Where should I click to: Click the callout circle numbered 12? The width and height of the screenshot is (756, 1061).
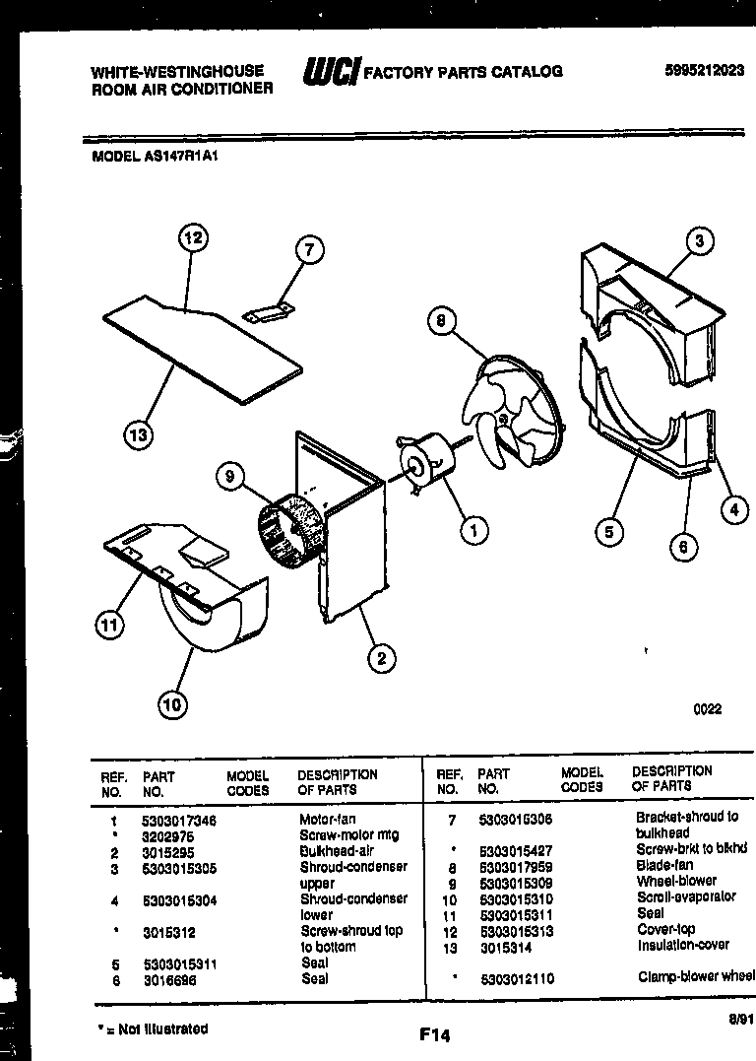click(194, 238)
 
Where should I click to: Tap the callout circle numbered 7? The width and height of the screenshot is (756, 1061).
click(308, 250)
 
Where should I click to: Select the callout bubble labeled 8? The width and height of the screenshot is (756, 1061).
click(442, 319)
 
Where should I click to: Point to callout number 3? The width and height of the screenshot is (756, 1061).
click(699, 241)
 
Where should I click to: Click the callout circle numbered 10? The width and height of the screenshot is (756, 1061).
click(172, 703)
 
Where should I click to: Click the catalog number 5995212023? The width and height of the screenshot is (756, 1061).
click(704, 70)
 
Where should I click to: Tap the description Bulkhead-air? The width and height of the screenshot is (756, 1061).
click(336, 851)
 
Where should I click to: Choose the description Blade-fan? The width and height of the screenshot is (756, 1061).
click(663, 865)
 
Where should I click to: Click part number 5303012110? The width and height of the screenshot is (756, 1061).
click(516, 978)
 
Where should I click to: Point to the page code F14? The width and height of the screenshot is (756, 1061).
click(433, 1034)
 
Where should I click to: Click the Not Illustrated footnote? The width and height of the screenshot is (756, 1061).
click(153, 1028)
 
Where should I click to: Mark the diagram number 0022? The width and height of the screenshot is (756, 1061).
click(707, 709)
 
